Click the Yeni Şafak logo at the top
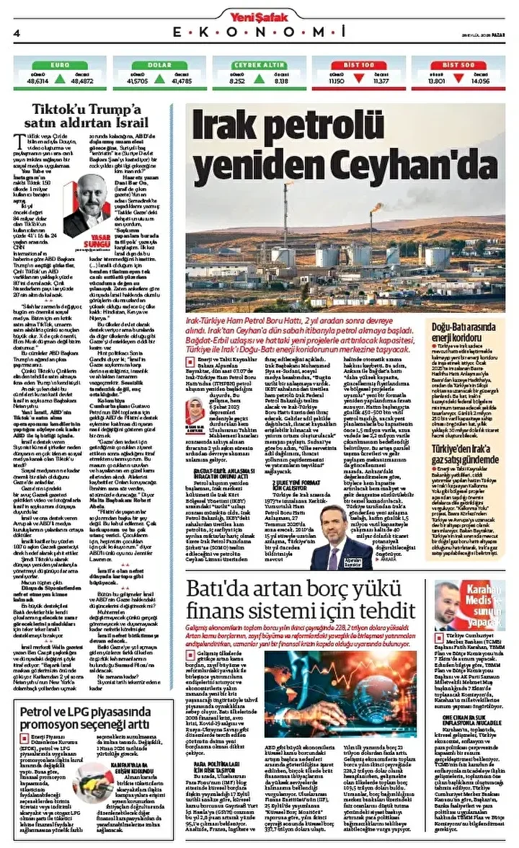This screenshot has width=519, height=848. click(x=259, y=15)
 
